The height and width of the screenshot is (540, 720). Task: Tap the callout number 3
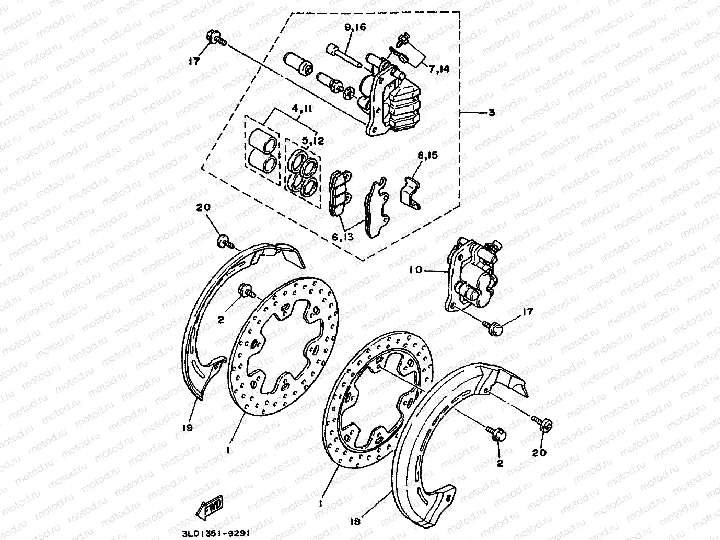tap(491, 113)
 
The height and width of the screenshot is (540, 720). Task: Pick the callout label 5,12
tap(312, 140)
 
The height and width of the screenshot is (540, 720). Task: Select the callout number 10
tap(415, 270)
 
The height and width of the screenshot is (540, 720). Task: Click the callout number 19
tap(188, 428)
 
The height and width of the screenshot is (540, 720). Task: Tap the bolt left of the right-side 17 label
tap(494, 327)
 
